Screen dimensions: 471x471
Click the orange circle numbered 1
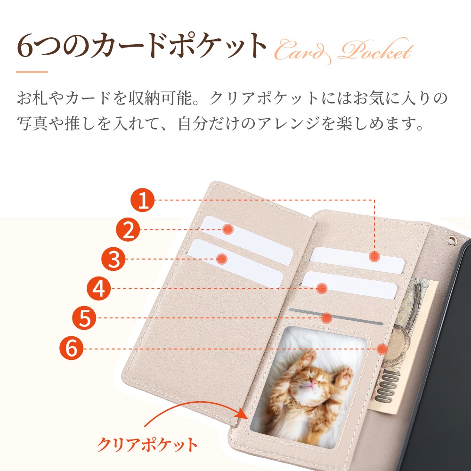click(143, 200)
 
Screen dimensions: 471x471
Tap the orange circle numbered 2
click(129, 230)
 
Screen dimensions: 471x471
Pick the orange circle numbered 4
click(98, 289)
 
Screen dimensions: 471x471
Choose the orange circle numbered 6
click(71, 349)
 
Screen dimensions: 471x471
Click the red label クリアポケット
click(147, 444)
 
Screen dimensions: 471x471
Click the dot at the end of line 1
click(374, 256)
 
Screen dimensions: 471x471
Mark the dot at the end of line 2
click(228, 230)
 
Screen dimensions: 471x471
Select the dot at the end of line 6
click(382, 349)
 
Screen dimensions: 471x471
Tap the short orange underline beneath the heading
click(32, 72)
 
